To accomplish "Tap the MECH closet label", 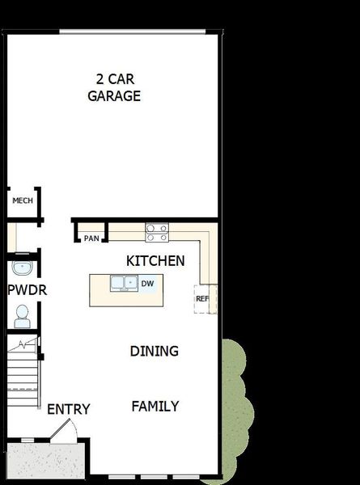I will click(x=23, y=200).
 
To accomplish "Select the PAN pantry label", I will click(x=91, y=238).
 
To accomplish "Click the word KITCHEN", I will click(x=155, y=261).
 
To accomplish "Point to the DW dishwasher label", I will click(x=147, y=284).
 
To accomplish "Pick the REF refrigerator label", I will click(x=202, y=299).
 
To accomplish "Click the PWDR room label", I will click(x=27, y=289).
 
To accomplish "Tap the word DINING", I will click(x=154, y=351).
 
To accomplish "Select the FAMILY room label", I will click(x=155, y=406).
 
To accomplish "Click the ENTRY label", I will click(x=68, y=409).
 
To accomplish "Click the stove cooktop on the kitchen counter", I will click(x=156, y=233).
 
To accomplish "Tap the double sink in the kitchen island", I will click(x=124, y=283).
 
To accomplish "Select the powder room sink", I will click(x=22, y=268).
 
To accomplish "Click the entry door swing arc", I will click(x=66, y=429).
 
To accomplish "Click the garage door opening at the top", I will click(x=132, y=32).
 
